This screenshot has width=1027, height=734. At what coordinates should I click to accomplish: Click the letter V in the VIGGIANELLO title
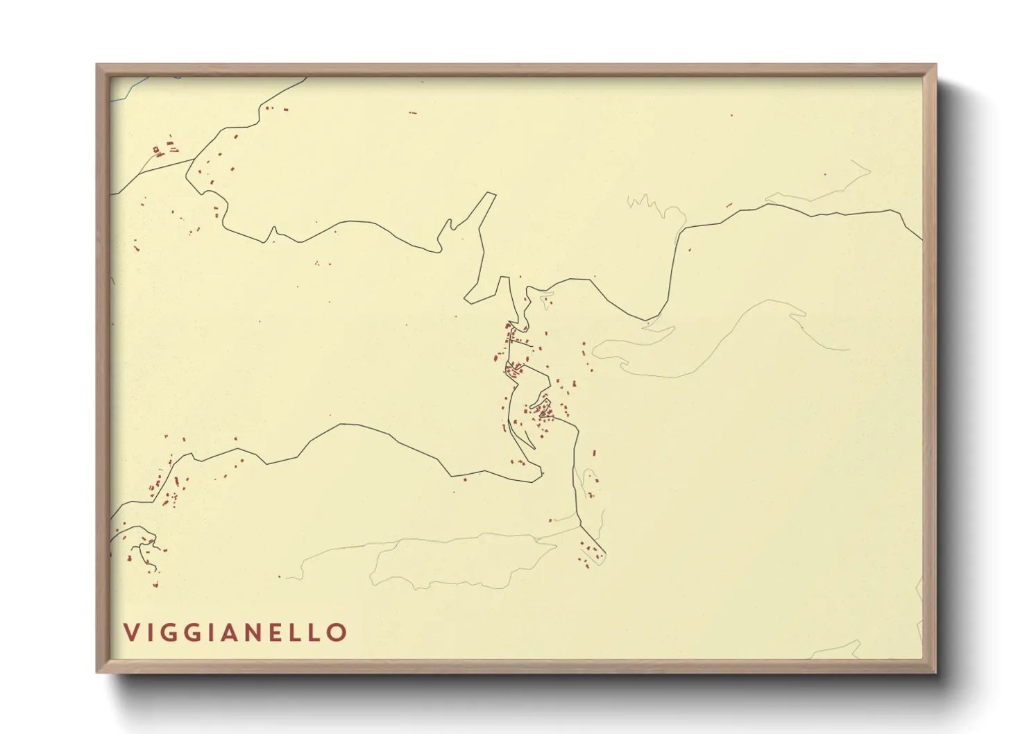coord(131,632)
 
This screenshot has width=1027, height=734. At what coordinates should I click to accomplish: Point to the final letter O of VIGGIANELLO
coord(337,632)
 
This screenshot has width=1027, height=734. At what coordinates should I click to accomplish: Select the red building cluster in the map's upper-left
coord(164,148)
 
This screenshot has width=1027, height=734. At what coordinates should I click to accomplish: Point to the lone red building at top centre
coord(413,112)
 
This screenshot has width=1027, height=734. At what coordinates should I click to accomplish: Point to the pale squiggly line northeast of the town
coord(645,203)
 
